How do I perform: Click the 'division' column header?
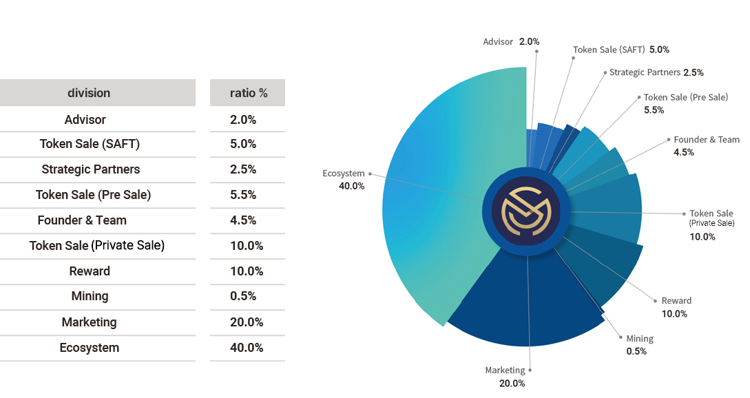[x=89, y=93]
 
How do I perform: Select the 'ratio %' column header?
[x=249, y=93]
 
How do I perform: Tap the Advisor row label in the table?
[x=85, y=120]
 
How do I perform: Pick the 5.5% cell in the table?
[x=243, y=195]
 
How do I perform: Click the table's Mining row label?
[x=90, y=297]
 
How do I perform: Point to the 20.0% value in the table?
[x=247, y=322]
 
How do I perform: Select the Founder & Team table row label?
[x=82, y=220]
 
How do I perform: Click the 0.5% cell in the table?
[x=243, y=296]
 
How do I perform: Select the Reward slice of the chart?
[x=603, y=263]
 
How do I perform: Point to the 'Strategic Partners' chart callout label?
[x=645, y=72]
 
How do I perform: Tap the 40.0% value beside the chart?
[x=351, y=186]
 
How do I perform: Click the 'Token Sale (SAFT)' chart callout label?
[x=609, y=50]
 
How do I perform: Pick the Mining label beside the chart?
[x=640, y=339]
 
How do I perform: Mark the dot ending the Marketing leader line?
[x=530, y=370]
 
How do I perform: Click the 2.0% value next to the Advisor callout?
[x=530, y=41]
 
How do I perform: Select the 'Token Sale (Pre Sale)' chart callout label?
[x=686, y=98]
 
